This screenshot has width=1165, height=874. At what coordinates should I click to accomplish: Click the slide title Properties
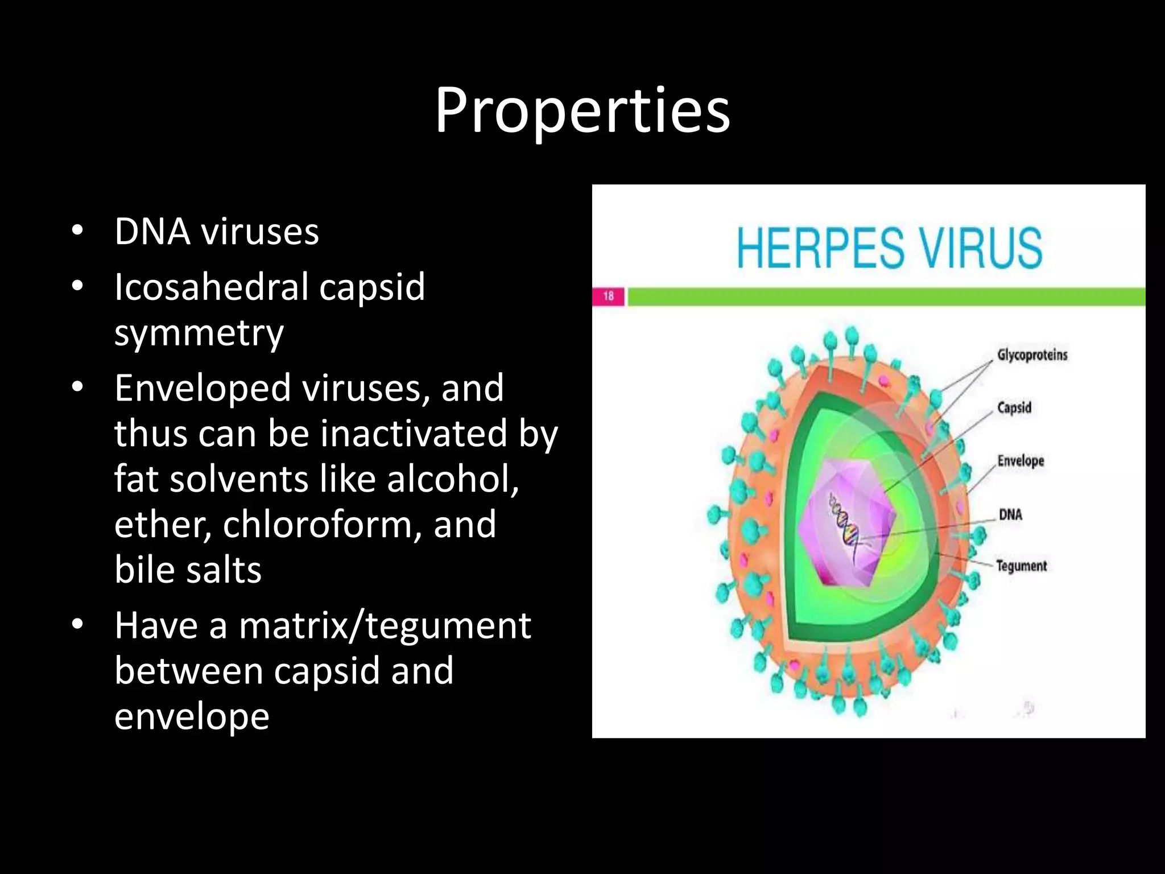click(582, 111)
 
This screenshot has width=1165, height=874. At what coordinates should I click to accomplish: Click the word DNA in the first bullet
click(152, 232)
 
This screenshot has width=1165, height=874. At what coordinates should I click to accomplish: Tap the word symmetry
click(199, 333)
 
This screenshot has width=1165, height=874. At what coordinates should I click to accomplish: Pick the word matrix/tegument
click(385, 625)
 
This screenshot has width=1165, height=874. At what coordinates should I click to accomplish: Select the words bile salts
click(188, 570)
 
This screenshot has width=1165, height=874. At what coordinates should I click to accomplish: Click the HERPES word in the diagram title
click(820, 248)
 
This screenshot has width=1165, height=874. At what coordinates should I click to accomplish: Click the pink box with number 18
click(608, 296)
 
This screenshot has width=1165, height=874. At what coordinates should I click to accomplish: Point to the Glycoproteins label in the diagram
click(1032, 355)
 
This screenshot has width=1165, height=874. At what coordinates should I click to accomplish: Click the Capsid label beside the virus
click(1014, 407)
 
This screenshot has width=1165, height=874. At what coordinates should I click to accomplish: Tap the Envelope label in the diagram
click(1021, 460)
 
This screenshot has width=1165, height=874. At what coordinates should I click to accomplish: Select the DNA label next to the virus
click(1010, 514)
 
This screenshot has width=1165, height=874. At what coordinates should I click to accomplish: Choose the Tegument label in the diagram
click(1021, 566)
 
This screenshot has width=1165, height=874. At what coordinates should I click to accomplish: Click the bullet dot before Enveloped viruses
click(78, 387)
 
